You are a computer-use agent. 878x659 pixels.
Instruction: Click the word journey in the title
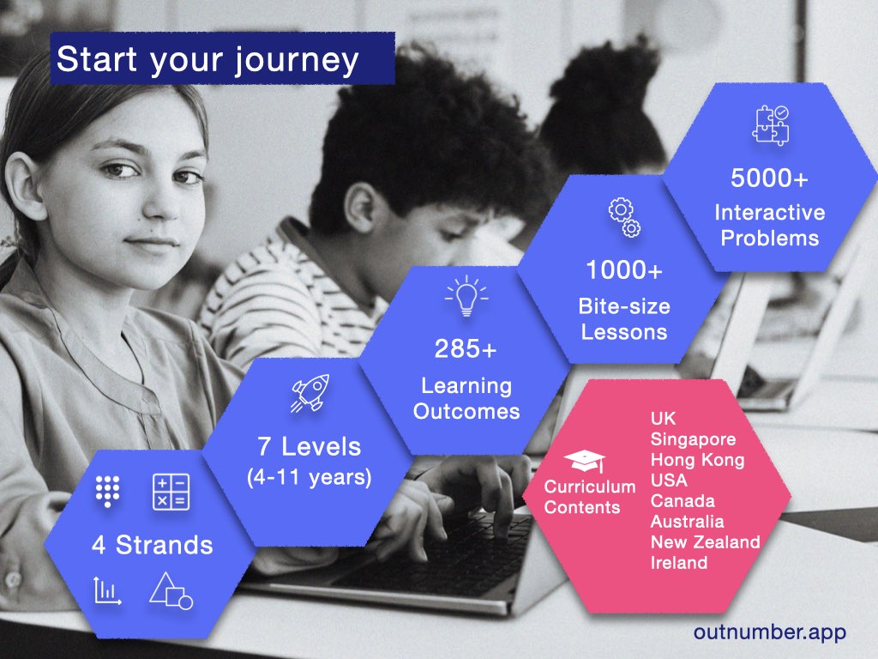(297, 61)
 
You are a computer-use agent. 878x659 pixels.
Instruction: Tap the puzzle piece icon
(771, 125)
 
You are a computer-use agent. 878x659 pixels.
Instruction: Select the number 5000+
(769, 178)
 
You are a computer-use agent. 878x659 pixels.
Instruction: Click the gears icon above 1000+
(625, 217)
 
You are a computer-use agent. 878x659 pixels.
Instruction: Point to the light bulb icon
(466, 296)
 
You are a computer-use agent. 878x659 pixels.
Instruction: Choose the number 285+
(466, 348)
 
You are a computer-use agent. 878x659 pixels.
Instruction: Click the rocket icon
(310, 393)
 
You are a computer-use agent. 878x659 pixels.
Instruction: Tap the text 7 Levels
(309, 446)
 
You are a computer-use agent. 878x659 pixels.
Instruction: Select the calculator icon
(171, 492)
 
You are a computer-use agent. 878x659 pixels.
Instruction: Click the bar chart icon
(107, 590)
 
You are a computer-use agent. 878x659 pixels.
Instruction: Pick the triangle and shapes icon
(171, 590)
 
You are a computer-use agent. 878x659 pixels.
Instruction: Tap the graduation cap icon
(585, 461)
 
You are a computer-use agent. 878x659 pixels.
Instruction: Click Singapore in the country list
(693, 439)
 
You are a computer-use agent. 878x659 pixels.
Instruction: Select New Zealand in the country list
(706, 542)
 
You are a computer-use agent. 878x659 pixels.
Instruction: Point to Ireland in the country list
(679, 563)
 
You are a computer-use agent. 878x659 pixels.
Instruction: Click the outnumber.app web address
(770, 632)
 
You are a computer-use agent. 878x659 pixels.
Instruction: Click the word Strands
(164, 545)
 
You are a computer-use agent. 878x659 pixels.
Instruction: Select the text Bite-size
(624, 306)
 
